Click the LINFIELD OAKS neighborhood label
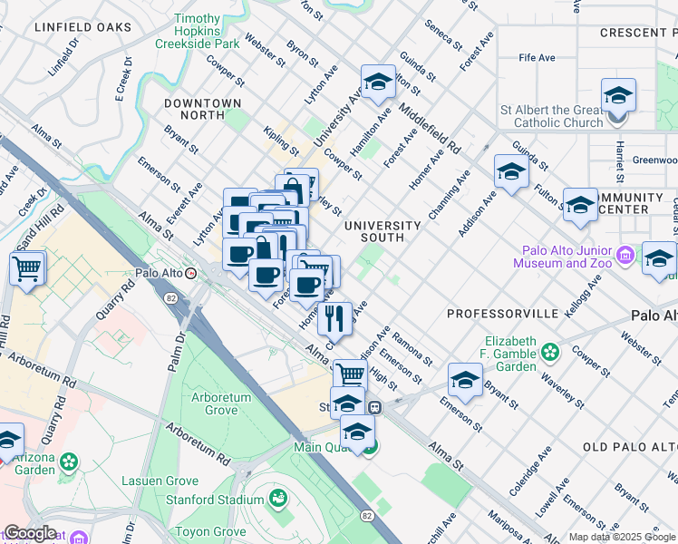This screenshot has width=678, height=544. (x=83, y=27)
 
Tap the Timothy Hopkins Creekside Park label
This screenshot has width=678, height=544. (x=197, y=30)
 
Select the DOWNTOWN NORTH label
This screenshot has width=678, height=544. (x=203, y=109)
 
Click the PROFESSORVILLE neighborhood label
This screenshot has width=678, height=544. (x=515, y=313)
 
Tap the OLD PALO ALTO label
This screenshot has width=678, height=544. (x=630, y=447)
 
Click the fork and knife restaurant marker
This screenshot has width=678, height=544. (x=335, y=318)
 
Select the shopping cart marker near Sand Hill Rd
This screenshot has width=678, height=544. (x=28, y=268)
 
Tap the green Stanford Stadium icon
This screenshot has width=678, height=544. (x=278, y=499)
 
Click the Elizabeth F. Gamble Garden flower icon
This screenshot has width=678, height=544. (x=549, y=351)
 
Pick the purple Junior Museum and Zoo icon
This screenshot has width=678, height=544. (x=625, y=256)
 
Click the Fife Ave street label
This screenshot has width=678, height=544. (x=537, y=57)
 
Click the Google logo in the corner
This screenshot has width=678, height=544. (x=30, y=533)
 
